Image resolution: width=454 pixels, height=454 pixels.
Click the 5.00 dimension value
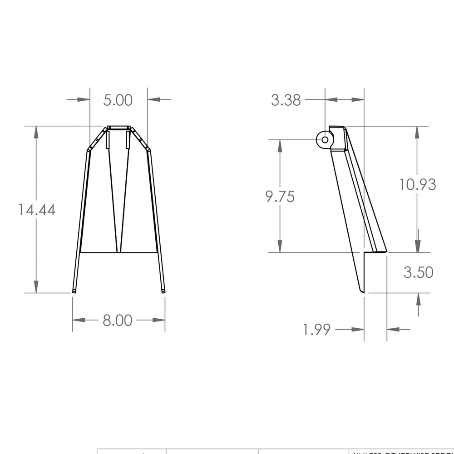coord(118,100)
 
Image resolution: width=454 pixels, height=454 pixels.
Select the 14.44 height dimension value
coord(37,210)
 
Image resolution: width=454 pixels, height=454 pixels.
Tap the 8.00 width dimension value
coord(118,321)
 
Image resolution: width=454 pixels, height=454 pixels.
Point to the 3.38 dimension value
coord(286,100)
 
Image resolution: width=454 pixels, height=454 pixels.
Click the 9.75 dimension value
coord(280,197)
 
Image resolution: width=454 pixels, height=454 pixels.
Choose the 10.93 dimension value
coord(418,184)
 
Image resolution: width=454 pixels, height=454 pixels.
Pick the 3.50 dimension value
coord(418,272)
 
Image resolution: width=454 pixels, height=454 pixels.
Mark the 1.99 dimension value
coord(317,330)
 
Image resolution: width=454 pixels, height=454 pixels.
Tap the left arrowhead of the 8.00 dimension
coord(79,320)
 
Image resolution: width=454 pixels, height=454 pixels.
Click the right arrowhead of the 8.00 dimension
coord(159,320)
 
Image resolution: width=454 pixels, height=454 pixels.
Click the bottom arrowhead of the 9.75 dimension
coord(281,247)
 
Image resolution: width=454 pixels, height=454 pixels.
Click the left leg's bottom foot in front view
coord(74,291)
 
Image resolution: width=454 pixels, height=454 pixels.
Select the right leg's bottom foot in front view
coord(163,291)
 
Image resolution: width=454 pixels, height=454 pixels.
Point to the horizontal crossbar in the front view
coord(118,252)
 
